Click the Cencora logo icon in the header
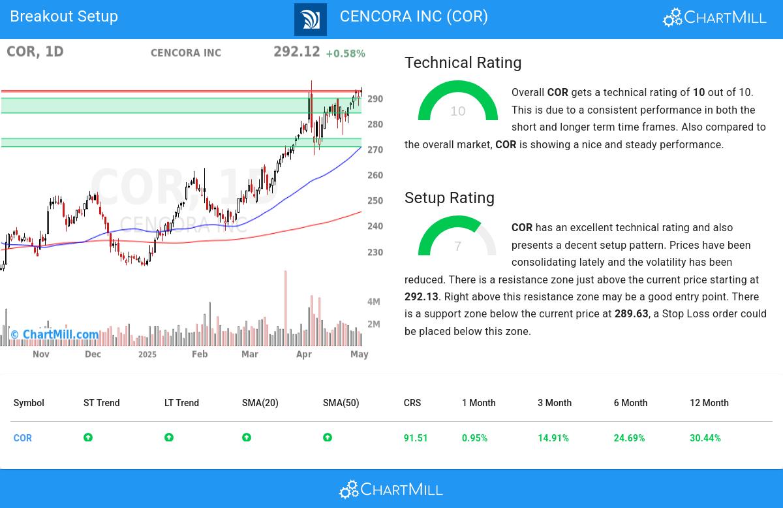tap(311, 19)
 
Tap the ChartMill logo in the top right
tap(714, 18)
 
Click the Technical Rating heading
tap(463, 63)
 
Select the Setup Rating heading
tap(449, 198)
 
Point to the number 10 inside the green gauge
tap(457, 111)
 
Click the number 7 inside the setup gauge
tap(457, 246)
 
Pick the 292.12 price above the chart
tap(297, 52)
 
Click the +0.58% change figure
tap(345, 54)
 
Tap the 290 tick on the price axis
tap(375, 99)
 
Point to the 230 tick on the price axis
tap(375, 252)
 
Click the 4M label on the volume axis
tap(374, 302)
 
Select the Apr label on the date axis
tap(304, 354)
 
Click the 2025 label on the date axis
tap(147, 355)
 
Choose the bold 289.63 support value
tap(631, 314)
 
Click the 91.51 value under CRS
tap(416, 438)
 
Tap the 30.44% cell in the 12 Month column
tap(705, 438)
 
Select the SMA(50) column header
tap(341, 403)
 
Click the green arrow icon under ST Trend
tap(88, 437)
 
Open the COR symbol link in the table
tap(23, 438)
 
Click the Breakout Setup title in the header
tap(64, 16)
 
